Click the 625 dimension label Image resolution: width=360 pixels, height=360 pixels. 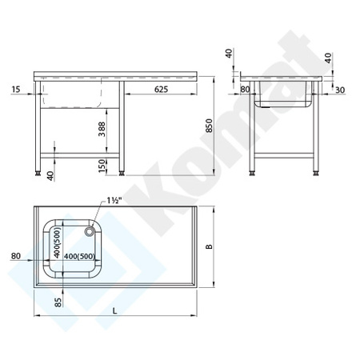tap(161, 89)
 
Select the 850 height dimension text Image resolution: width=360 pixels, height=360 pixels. tap(209, 126)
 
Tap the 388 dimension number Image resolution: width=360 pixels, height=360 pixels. tap(102, 130)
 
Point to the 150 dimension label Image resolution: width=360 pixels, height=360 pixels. tap(102, 166)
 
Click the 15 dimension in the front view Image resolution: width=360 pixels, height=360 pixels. tap(16, 89)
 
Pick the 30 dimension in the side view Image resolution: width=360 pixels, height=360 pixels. tap(340, 90)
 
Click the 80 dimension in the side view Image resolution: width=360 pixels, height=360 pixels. tap(245, 89)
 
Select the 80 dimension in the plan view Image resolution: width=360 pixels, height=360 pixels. tap(16, 256)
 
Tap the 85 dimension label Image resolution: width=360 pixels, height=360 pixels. tap(58, 302)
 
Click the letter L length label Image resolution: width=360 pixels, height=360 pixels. tap(115, 310)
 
